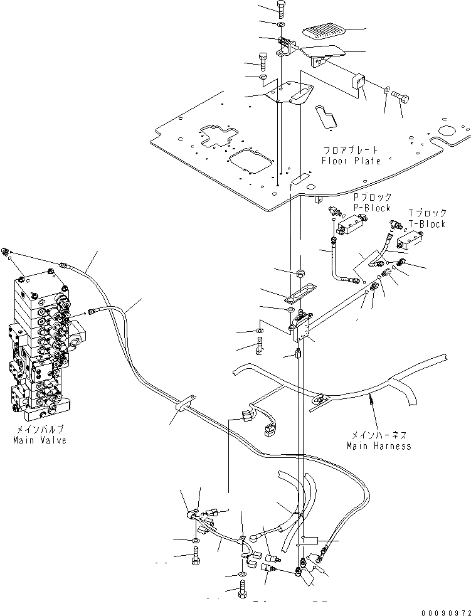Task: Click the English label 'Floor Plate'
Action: tap(351, 161)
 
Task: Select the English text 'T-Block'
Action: tap(427, 223)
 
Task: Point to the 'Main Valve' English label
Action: tap(40, 440)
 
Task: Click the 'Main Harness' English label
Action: tap(379, 446)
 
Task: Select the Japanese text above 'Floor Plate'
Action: tap(351, 151)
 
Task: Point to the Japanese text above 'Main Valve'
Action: tap(40, 430)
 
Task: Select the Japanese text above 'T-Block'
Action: tap(427, 213)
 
